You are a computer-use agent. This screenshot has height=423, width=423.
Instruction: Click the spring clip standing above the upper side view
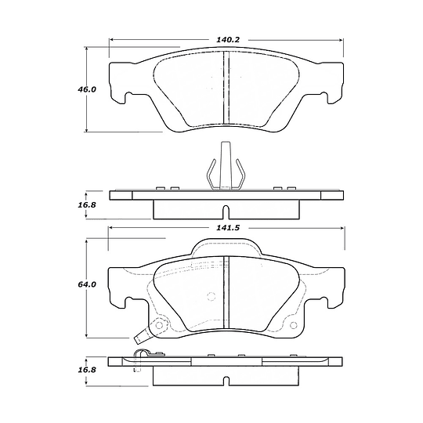(x=226, y=166)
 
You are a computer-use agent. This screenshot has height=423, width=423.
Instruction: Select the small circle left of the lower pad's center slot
(x=210, y=296)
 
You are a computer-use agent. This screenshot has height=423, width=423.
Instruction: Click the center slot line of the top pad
(x=226, y=88)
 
